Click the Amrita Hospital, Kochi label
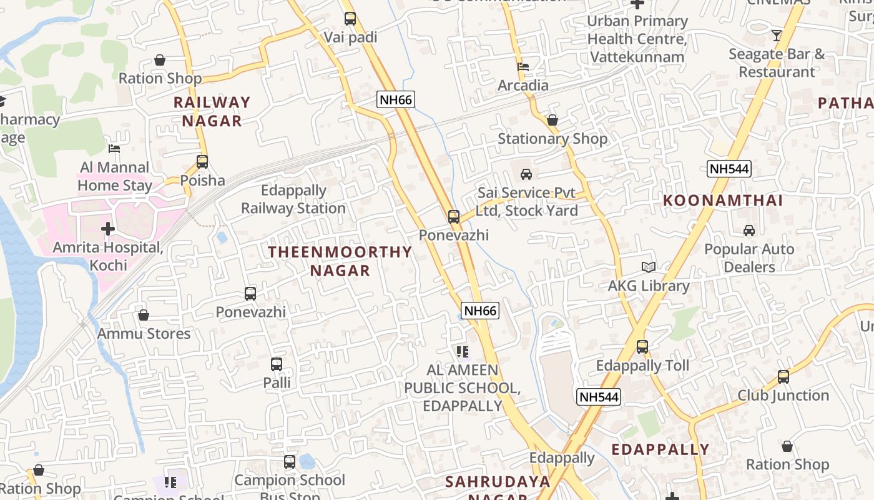108,256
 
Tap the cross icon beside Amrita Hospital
108,229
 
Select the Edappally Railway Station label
293,199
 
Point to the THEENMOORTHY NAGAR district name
340,261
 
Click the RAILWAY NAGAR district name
212,111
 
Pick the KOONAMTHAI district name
722,201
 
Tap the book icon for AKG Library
649,267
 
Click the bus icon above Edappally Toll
642,347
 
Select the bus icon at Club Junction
783,377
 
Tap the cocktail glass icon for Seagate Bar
776,36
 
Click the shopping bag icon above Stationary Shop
552,120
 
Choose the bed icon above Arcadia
523,66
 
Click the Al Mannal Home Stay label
115,176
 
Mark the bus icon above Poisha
202,162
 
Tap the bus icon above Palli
277,364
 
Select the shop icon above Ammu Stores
144,315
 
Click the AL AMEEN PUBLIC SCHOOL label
462,387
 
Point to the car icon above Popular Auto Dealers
749,231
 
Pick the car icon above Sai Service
526,174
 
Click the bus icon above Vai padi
350,19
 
